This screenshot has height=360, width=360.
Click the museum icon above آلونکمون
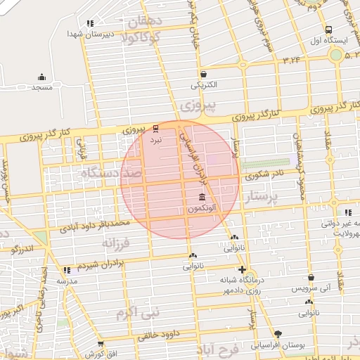[202, 198]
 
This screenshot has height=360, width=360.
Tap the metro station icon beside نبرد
[155, 129]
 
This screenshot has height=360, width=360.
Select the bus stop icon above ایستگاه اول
[328, 30]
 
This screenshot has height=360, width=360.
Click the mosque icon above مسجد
[41, 77]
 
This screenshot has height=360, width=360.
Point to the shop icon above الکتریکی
[203, 74]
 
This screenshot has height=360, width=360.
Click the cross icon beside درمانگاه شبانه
[243, 269]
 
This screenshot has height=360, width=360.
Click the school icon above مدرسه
[67, 270]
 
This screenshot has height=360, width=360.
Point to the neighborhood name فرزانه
[117, 243]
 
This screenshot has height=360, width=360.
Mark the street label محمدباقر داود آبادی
[95, 225]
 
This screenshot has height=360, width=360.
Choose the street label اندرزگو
[23, 248]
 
